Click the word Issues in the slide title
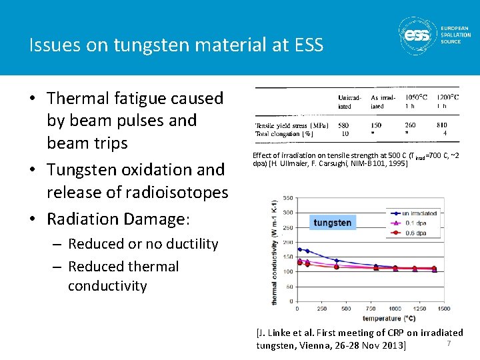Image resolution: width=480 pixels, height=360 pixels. tap(50, 45)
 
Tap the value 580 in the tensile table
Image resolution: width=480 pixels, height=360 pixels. tap(344, 125)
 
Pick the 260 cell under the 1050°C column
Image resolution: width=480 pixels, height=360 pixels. tap(410, 125)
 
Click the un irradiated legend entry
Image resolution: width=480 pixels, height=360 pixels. tap(415, 213)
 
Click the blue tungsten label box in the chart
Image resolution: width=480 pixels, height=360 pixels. tap(332, 222)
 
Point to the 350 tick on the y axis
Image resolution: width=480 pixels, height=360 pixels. tap(287, 198)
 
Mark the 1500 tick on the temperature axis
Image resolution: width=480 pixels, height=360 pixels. tap(443, 309)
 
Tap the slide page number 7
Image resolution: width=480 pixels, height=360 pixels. tap(449, 343)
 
